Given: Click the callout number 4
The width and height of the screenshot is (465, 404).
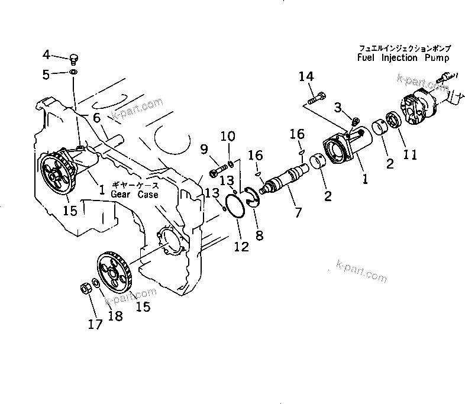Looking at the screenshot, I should click(x=47, y=55).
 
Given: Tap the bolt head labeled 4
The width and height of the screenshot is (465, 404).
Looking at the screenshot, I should click(x=74, y=57).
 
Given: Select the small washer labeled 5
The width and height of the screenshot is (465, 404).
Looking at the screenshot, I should click(x=72, y=72).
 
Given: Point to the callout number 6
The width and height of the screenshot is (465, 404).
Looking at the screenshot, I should click(x=96, y=118).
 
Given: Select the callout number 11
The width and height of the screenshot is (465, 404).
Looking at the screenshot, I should click(x=410, y=155).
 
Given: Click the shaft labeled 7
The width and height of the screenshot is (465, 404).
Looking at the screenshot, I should click(x=284, y=178).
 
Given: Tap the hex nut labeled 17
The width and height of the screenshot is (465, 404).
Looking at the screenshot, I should click(x=85, y=289).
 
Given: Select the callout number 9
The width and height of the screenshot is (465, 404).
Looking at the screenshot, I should click(x=204, y=148).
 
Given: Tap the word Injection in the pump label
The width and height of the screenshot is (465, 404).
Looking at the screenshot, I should click(x=395, y=58).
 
